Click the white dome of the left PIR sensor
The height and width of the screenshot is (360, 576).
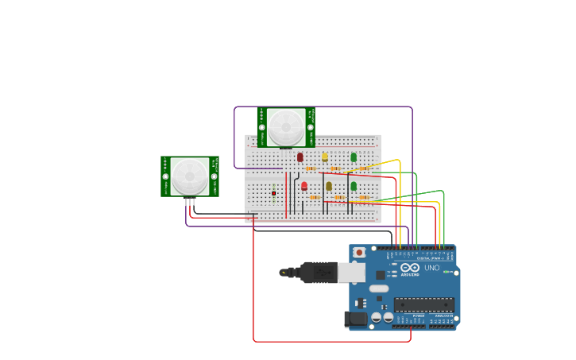tap(189, 176)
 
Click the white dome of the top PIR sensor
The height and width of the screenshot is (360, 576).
tap(285, 127)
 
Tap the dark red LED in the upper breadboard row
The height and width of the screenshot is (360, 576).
tap(300, 157)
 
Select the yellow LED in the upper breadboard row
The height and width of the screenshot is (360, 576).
tap(325, 157)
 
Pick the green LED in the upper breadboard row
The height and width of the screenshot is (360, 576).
tap(354, 157)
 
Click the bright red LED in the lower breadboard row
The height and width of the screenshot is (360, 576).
tap(304, 186)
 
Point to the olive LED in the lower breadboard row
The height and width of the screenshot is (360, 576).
tap(329, 186)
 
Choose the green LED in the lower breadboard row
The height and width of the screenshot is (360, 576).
tap(354, 186)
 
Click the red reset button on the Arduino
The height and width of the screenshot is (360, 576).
tap(359, 253)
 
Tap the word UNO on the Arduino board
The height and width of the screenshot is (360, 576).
tap(432, 268)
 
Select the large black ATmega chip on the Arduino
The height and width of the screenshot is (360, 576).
tap(424, 304)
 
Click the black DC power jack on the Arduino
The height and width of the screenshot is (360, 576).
tap(355, 319)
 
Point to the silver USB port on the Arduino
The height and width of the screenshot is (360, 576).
tap(351, 273)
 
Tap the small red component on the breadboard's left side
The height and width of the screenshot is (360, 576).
tap(273, 193)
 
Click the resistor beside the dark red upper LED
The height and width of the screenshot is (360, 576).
tap(311, 168)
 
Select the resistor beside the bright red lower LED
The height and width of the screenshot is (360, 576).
tap(315, 197)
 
